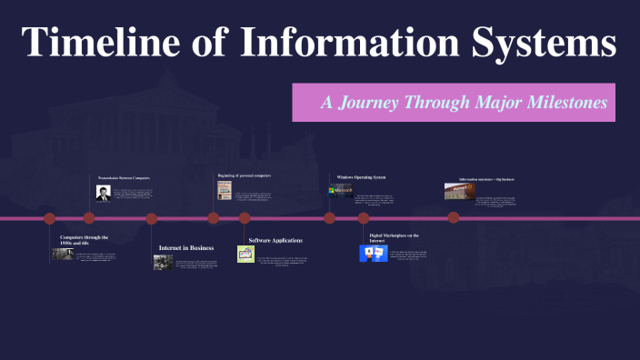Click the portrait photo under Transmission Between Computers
[104, 193]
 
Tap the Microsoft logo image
[341, 191]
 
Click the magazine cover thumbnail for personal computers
[224, 191]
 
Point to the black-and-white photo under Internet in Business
[163, 262]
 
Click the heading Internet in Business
[186, 247]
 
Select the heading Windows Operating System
[361, 176]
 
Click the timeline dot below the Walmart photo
[453, 218]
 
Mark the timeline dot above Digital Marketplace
[364, 218]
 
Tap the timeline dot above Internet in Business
[152, 218]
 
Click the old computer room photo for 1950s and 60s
[62, 255]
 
